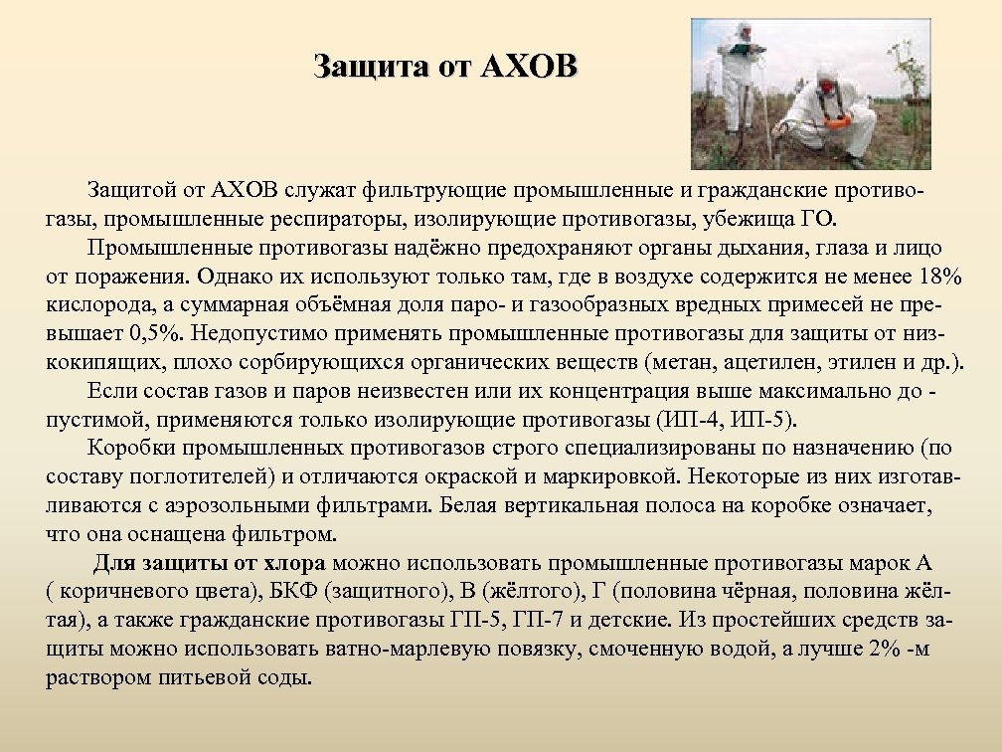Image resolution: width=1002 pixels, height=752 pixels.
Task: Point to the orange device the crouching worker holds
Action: click(836, 123)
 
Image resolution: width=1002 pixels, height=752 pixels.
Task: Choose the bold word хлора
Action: click(298, 563)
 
